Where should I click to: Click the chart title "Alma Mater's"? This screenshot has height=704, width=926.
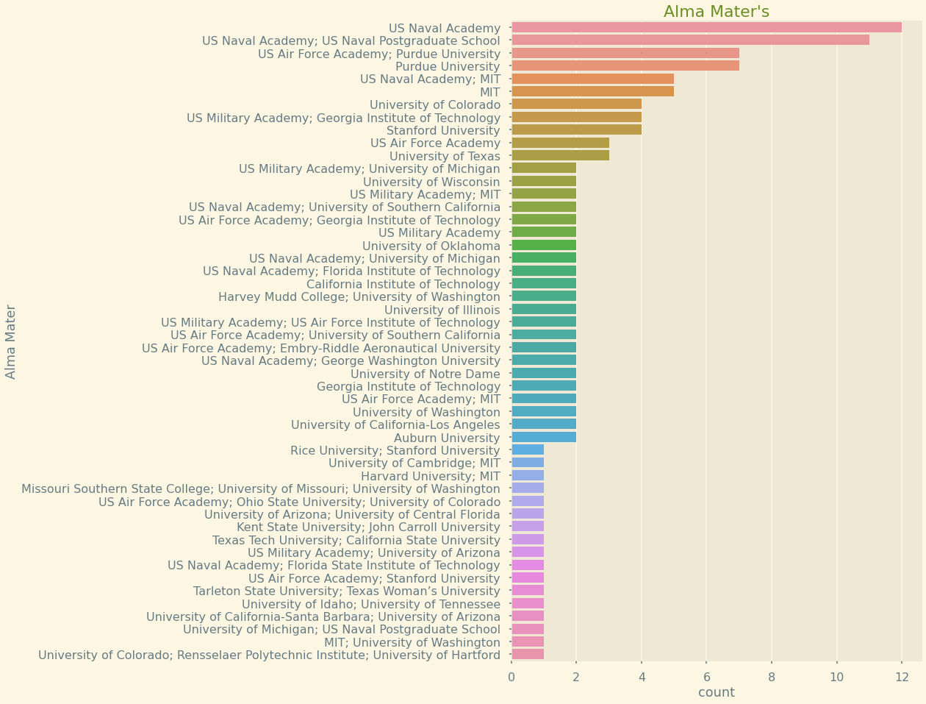click(x=716, y=12)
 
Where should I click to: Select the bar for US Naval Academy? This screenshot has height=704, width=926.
click(x=706, y=27)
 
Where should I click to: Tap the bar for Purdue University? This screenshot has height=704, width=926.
click(x=625, y=65)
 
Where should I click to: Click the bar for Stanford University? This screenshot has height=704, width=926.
click(x=576, y=129)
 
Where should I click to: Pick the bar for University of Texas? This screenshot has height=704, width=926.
click(x=560, y=155)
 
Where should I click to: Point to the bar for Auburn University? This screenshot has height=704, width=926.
click(x=544, y=437)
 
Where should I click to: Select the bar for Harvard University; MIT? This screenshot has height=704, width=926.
click(x=528, y=475)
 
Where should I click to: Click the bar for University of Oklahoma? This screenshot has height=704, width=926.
click(x=544, y=245)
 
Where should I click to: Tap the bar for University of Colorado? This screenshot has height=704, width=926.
click(x=576, y=104)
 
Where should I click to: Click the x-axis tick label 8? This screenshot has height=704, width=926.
click(x=772, y=677)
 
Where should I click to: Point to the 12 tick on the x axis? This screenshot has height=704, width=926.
click(x=902, y=677)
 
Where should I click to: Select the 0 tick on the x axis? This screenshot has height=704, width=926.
click(x=512, y=677)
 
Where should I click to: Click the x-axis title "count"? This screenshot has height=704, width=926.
click(x=716, y=692)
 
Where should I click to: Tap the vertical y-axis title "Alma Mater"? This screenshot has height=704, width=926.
click(x=11, y=341)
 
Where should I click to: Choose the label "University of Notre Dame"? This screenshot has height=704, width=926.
click(x=425, y=374)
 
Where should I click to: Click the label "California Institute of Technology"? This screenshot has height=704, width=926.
click(x=403, y=284)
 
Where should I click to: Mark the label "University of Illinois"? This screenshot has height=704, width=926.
click(x=442, y=310)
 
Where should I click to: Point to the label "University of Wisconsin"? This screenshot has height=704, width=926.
click(x=431, y=182)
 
